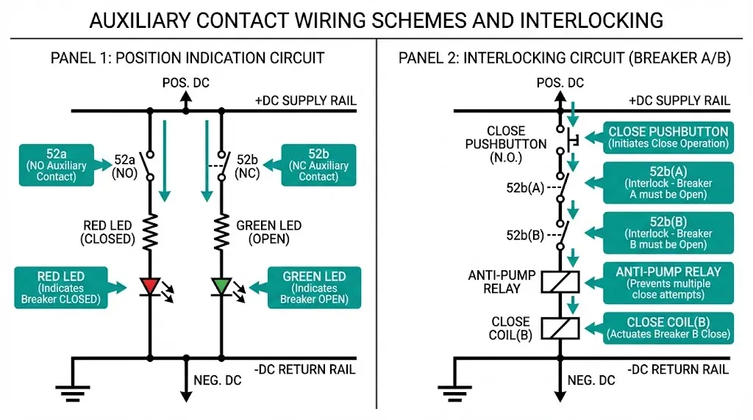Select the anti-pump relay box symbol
tap(560, 281)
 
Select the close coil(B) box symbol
tap(560, 327)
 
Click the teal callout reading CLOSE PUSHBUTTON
tap(668, 137)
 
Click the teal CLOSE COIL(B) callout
tap(668, 327)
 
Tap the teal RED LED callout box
tap(61, 287)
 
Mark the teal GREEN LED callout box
tap(314, 287)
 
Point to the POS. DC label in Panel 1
tap(185, 83)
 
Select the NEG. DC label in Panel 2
tap(591, 380)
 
